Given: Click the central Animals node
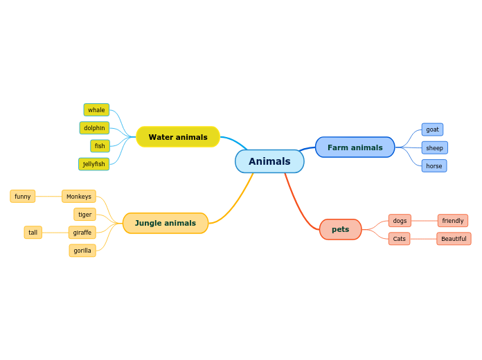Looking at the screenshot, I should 269,161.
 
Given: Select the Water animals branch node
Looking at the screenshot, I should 178,137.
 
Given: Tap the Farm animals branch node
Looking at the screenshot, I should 355,147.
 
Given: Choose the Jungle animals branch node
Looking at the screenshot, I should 166,223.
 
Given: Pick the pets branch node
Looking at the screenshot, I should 340,229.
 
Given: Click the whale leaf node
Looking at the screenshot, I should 96,110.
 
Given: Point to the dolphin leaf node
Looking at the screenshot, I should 94,128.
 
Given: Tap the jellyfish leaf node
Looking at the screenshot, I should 93,164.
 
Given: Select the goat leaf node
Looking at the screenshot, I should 432,129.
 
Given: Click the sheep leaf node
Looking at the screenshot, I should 434,147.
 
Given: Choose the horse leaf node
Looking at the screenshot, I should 434,165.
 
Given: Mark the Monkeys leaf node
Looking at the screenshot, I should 79,197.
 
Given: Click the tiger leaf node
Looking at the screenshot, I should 84,215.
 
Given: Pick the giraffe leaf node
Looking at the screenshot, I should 82,233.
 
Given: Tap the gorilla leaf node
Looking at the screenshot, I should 82,251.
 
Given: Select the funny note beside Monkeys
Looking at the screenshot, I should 23,197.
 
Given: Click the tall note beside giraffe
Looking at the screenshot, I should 33,233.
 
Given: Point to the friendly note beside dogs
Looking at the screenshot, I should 453,221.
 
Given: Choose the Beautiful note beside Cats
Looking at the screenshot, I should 454,239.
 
